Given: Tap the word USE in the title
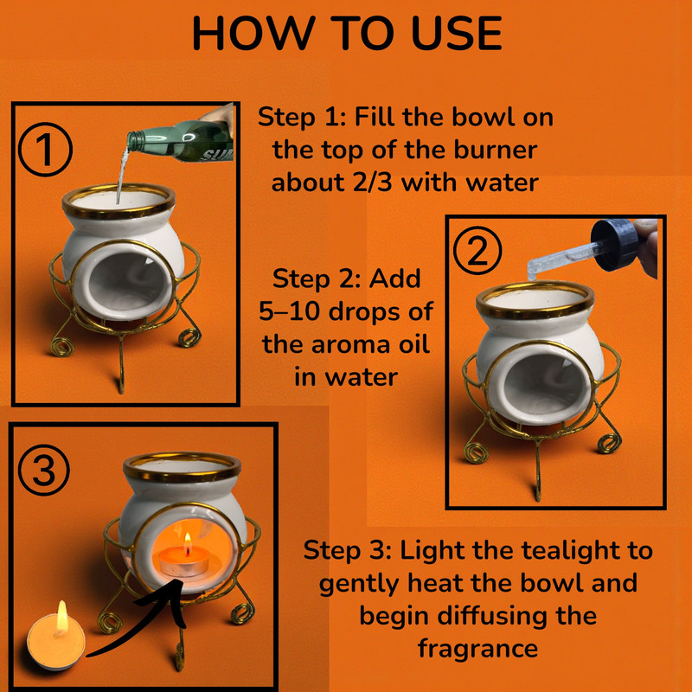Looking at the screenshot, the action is (458, 33).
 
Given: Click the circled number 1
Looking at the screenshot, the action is (45, 150).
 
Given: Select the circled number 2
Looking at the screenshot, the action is (477, 250).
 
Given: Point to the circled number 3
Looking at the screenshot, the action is (44, 470).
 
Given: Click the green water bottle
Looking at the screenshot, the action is (180, 141).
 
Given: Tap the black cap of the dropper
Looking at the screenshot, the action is (614, 245).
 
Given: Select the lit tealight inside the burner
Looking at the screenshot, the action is (184, 559).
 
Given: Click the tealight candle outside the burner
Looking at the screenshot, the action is (56, 638).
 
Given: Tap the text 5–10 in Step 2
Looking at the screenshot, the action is (289, 311).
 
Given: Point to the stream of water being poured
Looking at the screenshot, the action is (122, 176).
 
